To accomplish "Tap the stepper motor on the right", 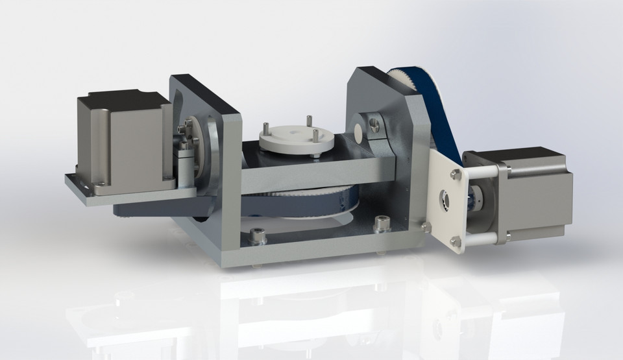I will tap(539, 195).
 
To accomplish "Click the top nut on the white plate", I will tap(456, 173).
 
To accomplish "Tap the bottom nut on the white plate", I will tap(456, 241).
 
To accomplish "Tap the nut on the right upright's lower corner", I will tap(425, 226).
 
